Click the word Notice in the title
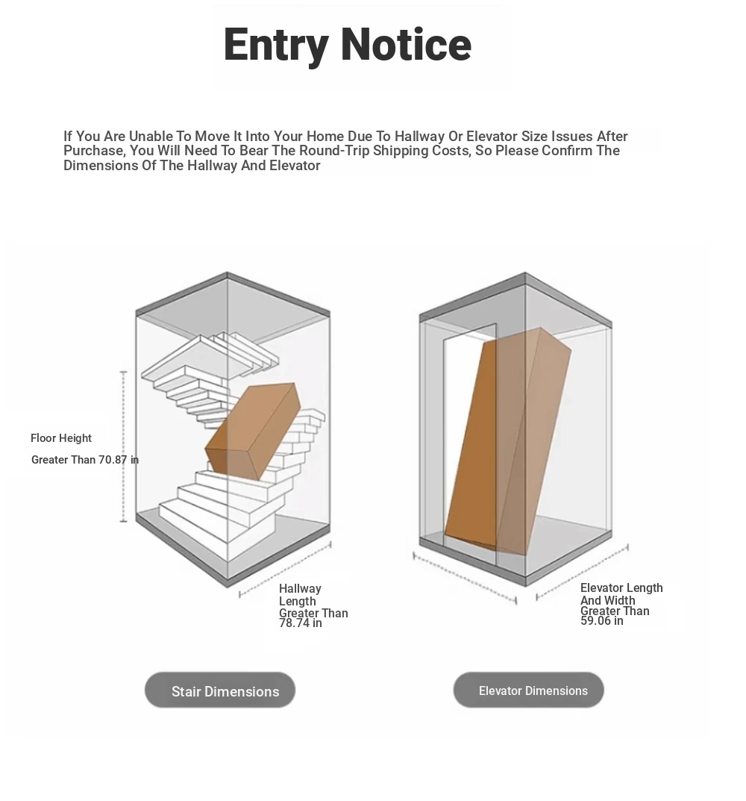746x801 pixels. (x=406, y=45)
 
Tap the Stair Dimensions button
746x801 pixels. (x=220, y=691)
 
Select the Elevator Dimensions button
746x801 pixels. (x=528, y=691)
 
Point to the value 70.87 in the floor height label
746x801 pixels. (x=113, y=460)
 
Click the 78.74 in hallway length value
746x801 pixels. (x=300, y=623)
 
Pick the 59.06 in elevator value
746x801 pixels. (x=601, y=621)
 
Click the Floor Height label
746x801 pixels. (x=60, y=438)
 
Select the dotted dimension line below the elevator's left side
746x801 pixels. (x=465, y=579)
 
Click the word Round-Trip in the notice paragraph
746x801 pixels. (x=334, y=151)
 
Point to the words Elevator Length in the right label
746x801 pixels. (x=621, y=588)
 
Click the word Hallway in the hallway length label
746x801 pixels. (x=300, y=589)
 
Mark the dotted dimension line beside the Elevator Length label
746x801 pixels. (x=582, y=573)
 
